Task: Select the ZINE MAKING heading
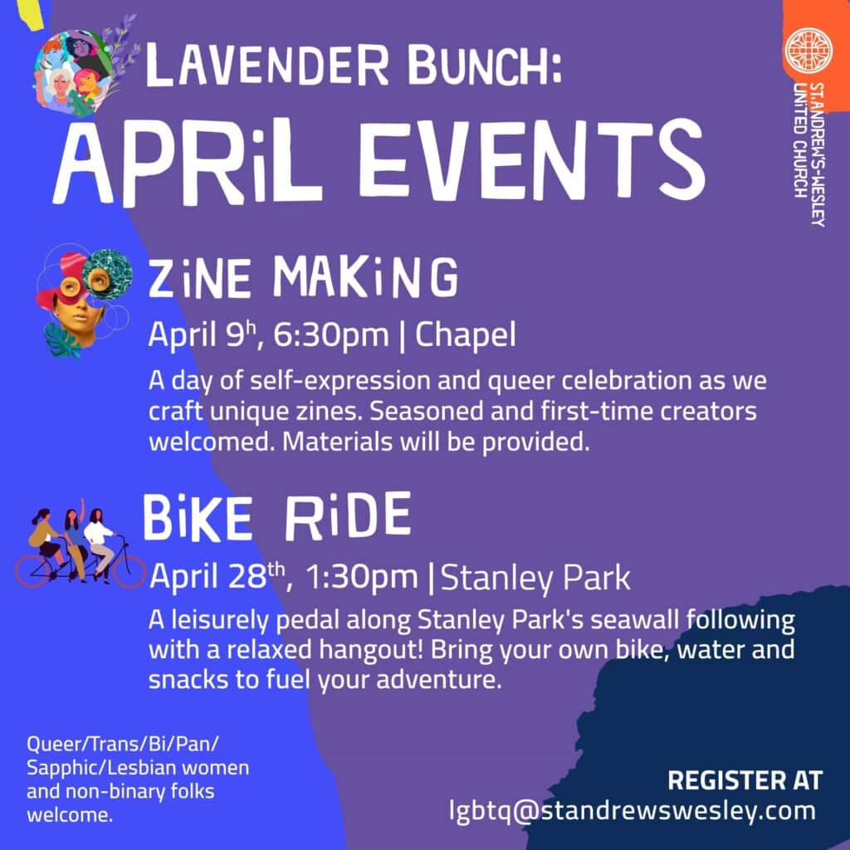tap(303, 277)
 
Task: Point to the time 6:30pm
tap(331, 335)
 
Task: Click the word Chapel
tap(465, 335)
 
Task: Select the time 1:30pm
tap(362, 576)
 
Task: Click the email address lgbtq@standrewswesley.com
tap(633, 810)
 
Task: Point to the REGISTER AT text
tap(745, 780)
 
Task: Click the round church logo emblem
tap(808, 51)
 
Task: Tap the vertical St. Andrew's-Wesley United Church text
tap(808, 154)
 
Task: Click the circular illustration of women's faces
tap(74, 71)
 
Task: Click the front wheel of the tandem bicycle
tap(129, 567)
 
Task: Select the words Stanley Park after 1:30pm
tap(535, 578)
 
